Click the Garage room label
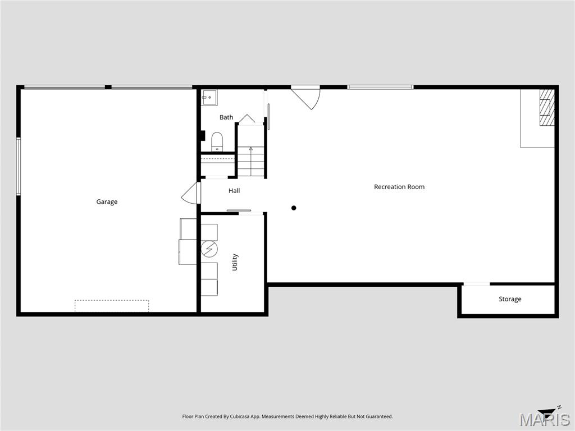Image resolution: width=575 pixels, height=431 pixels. tap(107, 202)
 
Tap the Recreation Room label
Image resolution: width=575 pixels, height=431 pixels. tap(399, 187)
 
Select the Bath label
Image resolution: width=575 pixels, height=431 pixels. tap(226, 117)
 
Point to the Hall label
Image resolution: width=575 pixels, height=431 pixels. tap(234, 191)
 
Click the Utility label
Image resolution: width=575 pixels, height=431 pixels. tap(235, 262)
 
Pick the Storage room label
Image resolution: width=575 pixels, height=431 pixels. tap(510, 299)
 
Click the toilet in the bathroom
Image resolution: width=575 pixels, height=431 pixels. tap(217, 141)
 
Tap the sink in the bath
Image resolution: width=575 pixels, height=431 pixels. tap(209, 97)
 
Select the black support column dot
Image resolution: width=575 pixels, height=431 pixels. tap(294, 208)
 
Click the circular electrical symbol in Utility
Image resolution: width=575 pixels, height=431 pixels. tap(209, 248)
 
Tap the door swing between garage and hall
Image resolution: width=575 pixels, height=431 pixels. tap(190, 193)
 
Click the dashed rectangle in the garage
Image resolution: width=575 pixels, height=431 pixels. tap(112, 305)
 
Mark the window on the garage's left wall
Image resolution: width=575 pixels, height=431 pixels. tap(19, 167)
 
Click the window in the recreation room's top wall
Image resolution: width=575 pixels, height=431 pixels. tap(381, 87)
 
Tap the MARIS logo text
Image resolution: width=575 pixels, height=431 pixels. tap(544, 419)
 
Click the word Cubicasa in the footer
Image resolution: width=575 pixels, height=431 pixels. tap(235, 416)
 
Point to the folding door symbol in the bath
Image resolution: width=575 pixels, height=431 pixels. tap(247, 119)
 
